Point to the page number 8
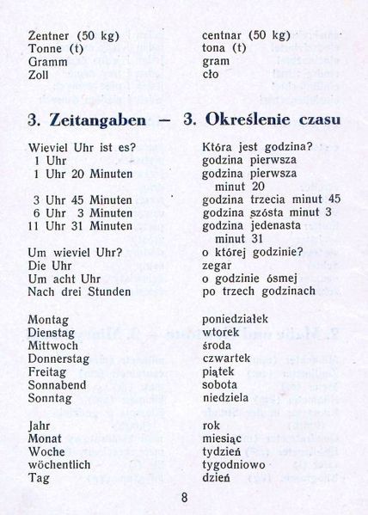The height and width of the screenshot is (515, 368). [x=184, y=496]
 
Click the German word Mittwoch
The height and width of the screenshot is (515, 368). [x=53, y=346]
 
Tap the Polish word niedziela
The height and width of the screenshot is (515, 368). [x=225, y=399]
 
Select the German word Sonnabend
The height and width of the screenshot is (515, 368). [x=57, y=385]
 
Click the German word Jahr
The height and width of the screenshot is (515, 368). [x=40, y=426]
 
